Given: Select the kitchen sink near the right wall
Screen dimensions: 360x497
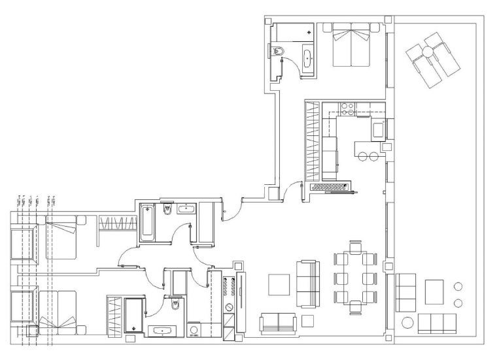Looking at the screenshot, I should tap(378, 131).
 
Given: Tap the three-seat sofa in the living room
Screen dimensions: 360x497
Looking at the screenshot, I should tap(307, 284).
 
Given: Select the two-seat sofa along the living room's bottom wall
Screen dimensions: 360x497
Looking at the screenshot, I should tap(278, 323).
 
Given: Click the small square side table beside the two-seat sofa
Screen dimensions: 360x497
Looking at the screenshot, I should tap(308, 321).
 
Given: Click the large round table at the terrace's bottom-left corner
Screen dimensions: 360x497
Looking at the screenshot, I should tap(407, 323).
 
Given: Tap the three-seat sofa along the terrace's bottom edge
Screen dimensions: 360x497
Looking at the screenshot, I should tap(437, 323).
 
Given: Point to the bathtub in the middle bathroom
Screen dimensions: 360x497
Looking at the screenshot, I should tap(147, 223).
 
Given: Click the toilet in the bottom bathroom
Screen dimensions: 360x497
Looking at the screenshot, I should tap(175, 306).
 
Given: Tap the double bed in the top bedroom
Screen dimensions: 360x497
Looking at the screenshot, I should tap(352, 46).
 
